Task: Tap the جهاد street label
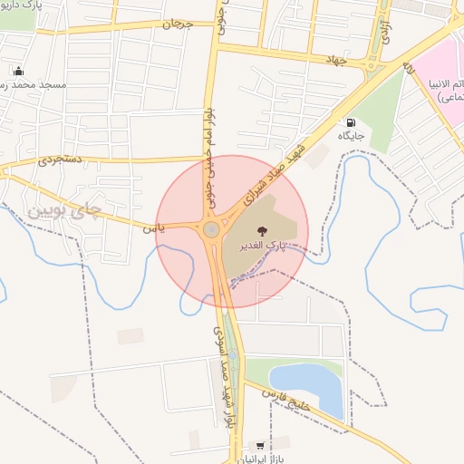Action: click(337, 59)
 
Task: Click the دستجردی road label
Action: click(61, 159)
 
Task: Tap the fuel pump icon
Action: click(350, 121)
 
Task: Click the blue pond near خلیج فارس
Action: click(307, 386)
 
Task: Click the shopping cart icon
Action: click(261, 446)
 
